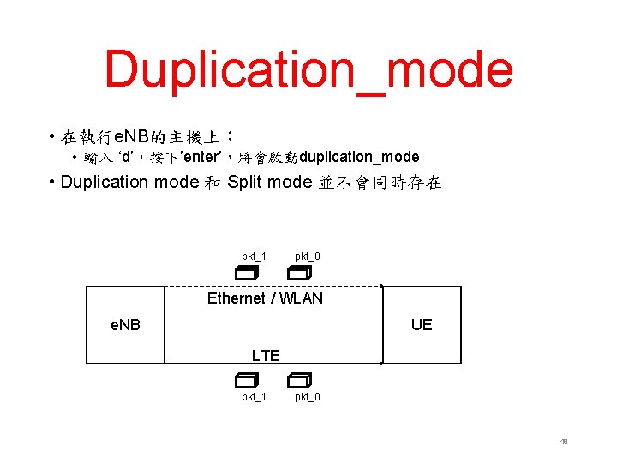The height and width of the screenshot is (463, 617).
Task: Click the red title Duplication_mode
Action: pyautogui.click(x=308, y=70)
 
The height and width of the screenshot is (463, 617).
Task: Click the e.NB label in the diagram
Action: pyautogui.click(x=126, y=325)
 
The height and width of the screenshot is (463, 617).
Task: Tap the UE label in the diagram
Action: pyautogui.click(x=422, y=325)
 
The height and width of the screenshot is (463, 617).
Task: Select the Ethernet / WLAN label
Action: pyautogui.click(x=265, y=298)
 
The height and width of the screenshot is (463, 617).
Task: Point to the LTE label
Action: pyautogui.click(x=266, y=356)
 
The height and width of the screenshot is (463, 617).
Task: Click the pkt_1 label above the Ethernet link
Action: pyautogui.click(x=254, y=256)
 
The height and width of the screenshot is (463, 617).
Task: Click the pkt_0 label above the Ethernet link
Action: pyautogui.click(x=308, y=256)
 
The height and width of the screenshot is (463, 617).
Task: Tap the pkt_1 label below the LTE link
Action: pyautogui.click(x=254, y=397)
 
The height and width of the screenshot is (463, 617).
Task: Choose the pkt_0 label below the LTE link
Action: pyautogui.click(x=308, y=397)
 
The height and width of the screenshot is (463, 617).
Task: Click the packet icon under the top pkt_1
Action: pyautogui.click(x=247, y=273)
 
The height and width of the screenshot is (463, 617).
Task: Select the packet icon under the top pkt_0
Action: pyautogui.click(x=299, y=273)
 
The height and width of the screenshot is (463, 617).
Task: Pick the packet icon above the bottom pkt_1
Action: pyautogui.click(x=247, y=380)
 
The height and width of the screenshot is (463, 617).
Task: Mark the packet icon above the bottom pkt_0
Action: pyautogui.click(x=299, y=380)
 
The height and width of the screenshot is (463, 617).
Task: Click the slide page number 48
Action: pyautogui.click(x=563, y=442)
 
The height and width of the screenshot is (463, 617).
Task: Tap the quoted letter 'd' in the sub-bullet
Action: pyautogui.click(x=127, y=157)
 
